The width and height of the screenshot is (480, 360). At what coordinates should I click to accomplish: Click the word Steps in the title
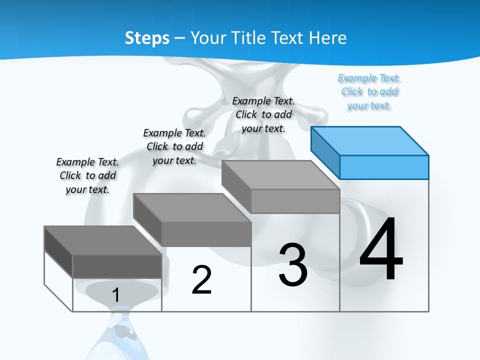click(x=147, y=38)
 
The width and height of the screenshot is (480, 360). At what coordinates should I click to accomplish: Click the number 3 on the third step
click(x=293, y=264)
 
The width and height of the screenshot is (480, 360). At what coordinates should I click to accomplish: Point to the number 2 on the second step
click(x=201, y=280)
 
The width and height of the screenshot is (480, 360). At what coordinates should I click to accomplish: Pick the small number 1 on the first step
click(x=115, y=295)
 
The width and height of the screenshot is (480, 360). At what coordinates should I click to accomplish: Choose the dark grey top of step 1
click(x=102, y=240)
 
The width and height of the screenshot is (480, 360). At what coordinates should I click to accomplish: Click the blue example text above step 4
click(x=369, y=92)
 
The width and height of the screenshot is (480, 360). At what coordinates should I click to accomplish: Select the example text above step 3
click(x=263, y=114)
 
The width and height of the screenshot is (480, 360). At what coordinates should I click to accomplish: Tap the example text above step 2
click(x=174, y=146)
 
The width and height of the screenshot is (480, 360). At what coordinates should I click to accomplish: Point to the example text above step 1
click(x=87, y=175)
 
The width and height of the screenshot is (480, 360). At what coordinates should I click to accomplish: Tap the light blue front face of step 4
click(x=384, y=167)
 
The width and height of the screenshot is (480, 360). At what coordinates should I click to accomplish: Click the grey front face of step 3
click(x=295, y=201)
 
